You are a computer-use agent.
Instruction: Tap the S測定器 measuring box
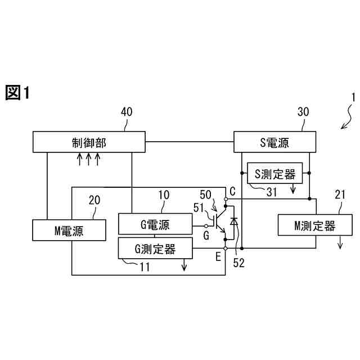coord(275,174)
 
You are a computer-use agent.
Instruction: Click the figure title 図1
coord(17,93)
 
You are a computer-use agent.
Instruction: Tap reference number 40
coord(127,112)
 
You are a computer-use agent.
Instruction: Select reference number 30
coord(303,112)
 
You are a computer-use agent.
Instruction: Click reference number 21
coord(340,195)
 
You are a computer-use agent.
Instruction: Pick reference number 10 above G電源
coord(164,195)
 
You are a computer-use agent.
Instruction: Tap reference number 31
coord(272,192)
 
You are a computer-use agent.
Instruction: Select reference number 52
coord(238,262)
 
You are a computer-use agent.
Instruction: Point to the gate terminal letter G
coord(206,236)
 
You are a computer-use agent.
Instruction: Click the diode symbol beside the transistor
coord(234,222)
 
